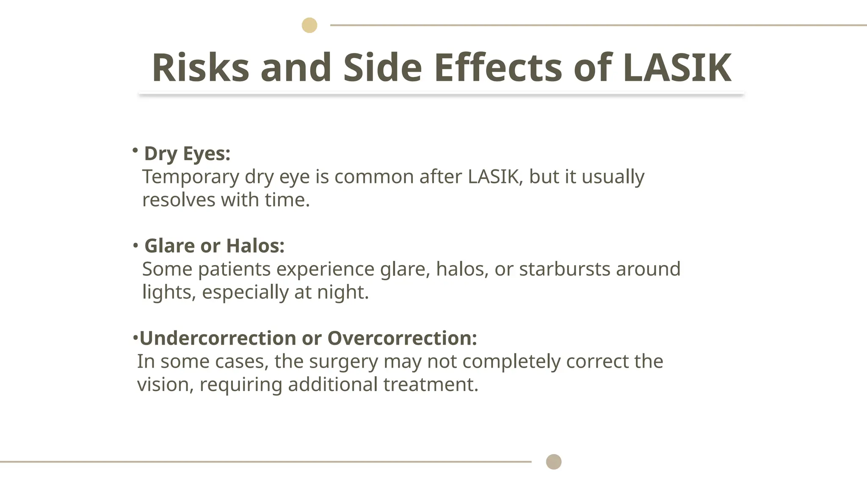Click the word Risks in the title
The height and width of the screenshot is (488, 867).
pyautogui.click(x=201, y=67)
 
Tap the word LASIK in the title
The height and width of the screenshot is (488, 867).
pyautogui.click(x=677, y=67)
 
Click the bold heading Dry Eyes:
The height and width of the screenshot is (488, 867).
pyautogui.click(x=187, y=154)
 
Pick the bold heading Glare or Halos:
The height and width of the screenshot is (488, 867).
pyautogui.click(x=215, y=246)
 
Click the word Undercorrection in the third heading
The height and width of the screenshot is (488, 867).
pyautogui.click(x=218, y=338)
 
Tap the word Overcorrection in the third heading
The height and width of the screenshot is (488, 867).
pyautogui.click(x=402, y=338)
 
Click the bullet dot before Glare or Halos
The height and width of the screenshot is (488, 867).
pyautogui.click(x=135, y=245)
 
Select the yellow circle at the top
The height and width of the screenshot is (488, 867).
pyautogui.click(x=309, y=25)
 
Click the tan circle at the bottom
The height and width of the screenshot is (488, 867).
pyautogui.click(x=554, y=462)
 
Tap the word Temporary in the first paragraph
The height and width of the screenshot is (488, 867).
pyautogui.click(x=191, y=177)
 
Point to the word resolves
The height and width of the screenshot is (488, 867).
pyautogui.click(x=179, y=200)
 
